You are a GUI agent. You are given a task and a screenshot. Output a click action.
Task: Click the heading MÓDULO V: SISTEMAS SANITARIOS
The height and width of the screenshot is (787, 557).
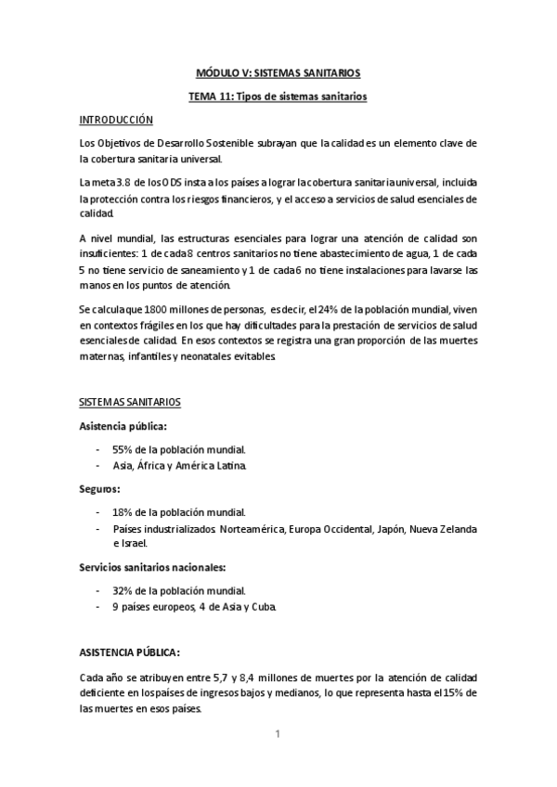coord(278,71)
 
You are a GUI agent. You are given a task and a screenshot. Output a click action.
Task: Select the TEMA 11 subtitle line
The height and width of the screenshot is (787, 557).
coord(278,96)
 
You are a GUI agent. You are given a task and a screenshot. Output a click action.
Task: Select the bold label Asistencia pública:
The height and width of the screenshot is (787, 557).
coord(123,426)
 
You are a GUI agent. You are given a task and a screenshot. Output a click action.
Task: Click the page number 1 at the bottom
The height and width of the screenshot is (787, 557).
coord(278,735)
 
